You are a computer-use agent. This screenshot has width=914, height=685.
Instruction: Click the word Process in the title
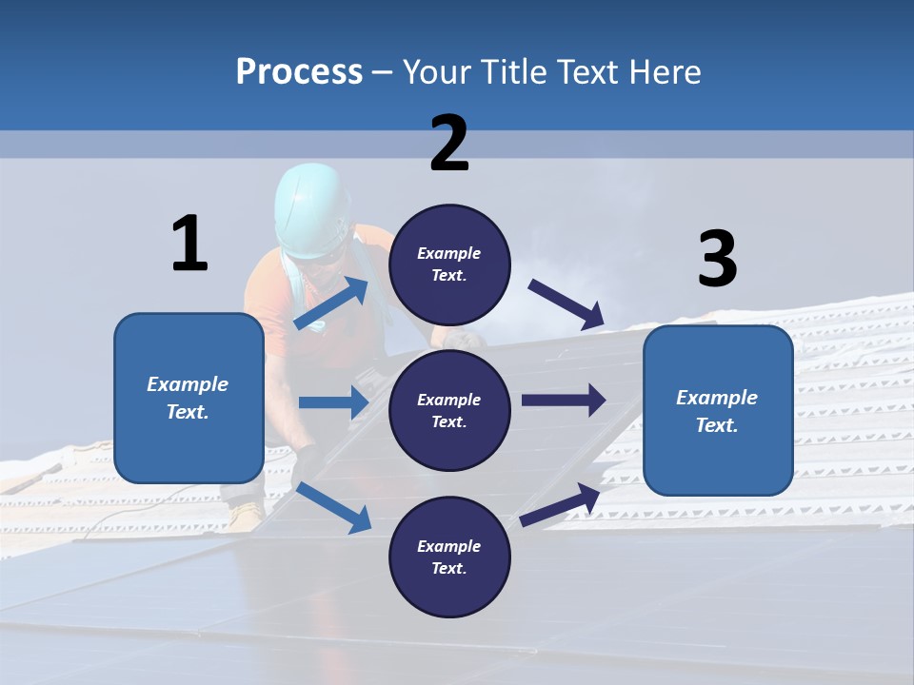[299, 71]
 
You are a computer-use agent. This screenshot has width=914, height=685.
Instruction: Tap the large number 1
[189, 244]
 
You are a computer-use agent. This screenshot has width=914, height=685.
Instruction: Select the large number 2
[449, 144]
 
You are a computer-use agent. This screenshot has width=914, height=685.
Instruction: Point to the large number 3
[717, 259]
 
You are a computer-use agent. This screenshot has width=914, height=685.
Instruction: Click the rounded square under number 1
[189, 398]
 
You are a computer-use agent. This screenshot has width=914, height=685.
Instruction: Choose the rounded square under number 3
[718, 410]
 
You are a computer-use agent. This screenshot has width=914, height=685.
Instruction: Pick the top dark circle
[449, 264]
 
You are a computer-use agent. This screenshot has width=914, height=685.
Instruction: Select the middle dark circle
[449, 410]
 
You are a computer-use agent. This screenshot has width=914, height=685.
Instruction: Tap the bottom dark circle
[449, 557]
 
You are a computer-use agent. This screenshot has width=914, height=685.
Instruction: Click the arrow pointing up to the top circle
[332, 303]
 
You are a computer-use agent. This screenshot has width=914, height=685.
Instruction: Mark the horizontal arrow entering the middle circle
[333, 402]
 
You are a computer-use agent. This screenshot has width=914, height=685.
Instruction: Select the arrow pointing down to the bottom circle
[333, 507]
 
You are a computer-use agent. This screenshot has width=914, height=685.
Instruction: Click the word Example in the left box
[188, 384]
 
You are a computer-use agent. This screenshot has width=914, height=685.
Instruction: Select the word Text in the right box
[716, 425]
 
